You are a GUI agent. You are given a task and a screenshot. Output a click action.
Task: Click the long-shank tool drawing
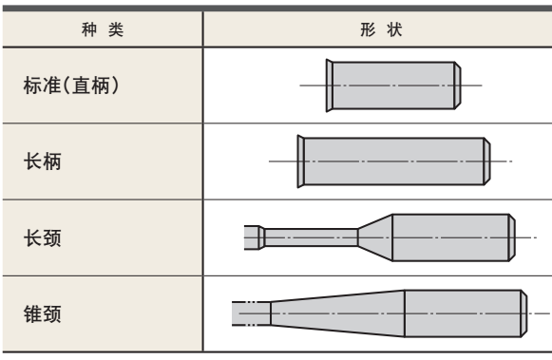point(394,161)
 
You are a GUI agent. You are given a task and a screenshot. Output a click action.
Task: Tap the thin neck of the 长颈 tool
point(310,237)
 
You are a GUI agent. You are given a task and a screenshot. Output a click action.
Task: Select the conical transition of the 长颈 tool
point(374,237)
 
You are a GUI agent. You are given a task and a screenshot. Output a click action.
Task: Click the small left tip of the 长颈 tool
point(252,237)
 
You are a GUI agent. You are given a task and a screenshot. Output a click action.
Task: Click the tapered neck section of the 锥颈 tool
point(337,313)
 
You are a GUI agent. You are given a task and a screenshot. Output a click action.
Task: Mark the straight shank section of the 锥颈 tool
point(463,313)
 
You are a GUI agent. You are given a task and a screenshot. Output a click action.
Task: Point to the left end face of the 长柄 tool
point(300,161)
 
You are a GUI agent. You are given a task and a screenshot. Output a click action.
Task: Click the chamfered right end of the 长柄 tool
point(488,161)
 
